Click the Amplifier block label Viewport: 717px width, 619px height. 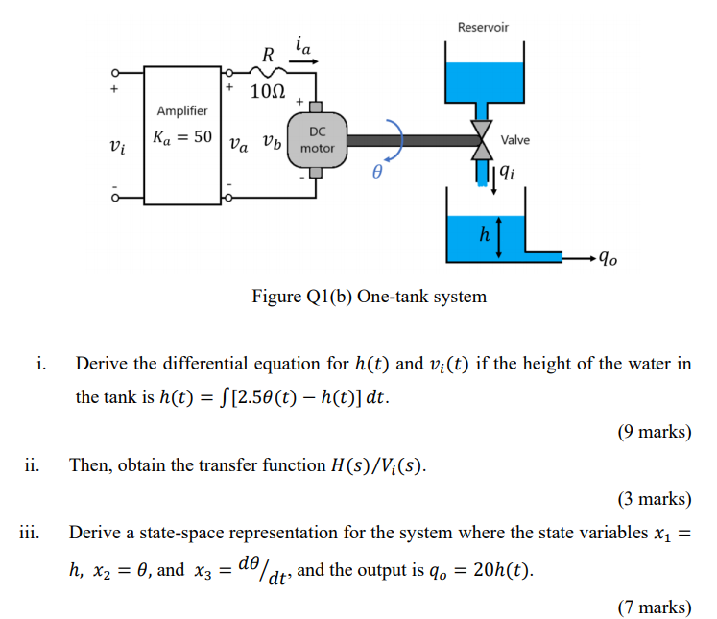(x=182, y=111)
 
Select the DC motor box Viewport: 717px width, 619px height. (x=317, y=140)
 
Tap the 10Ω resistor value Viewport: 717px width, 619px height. (x=267, y=93)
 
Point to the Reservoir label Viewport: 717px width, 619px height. (x=483, y=27)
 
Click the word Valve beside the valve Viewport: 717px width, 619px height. (x=514, y=140)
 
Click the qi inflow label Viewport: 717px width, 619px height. (x=508, y=174)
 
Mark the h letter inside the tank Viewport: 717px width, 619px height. (x=484, y=233)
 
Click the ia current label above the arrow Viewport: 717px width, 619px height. (x=303, y=43)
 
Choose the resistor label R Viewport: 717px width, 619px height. (x=270, y=54)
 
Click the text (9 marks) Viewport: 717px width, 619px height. (x=654, y=431)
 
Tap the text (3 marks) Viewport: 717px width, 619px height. (x=654, y=498)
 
